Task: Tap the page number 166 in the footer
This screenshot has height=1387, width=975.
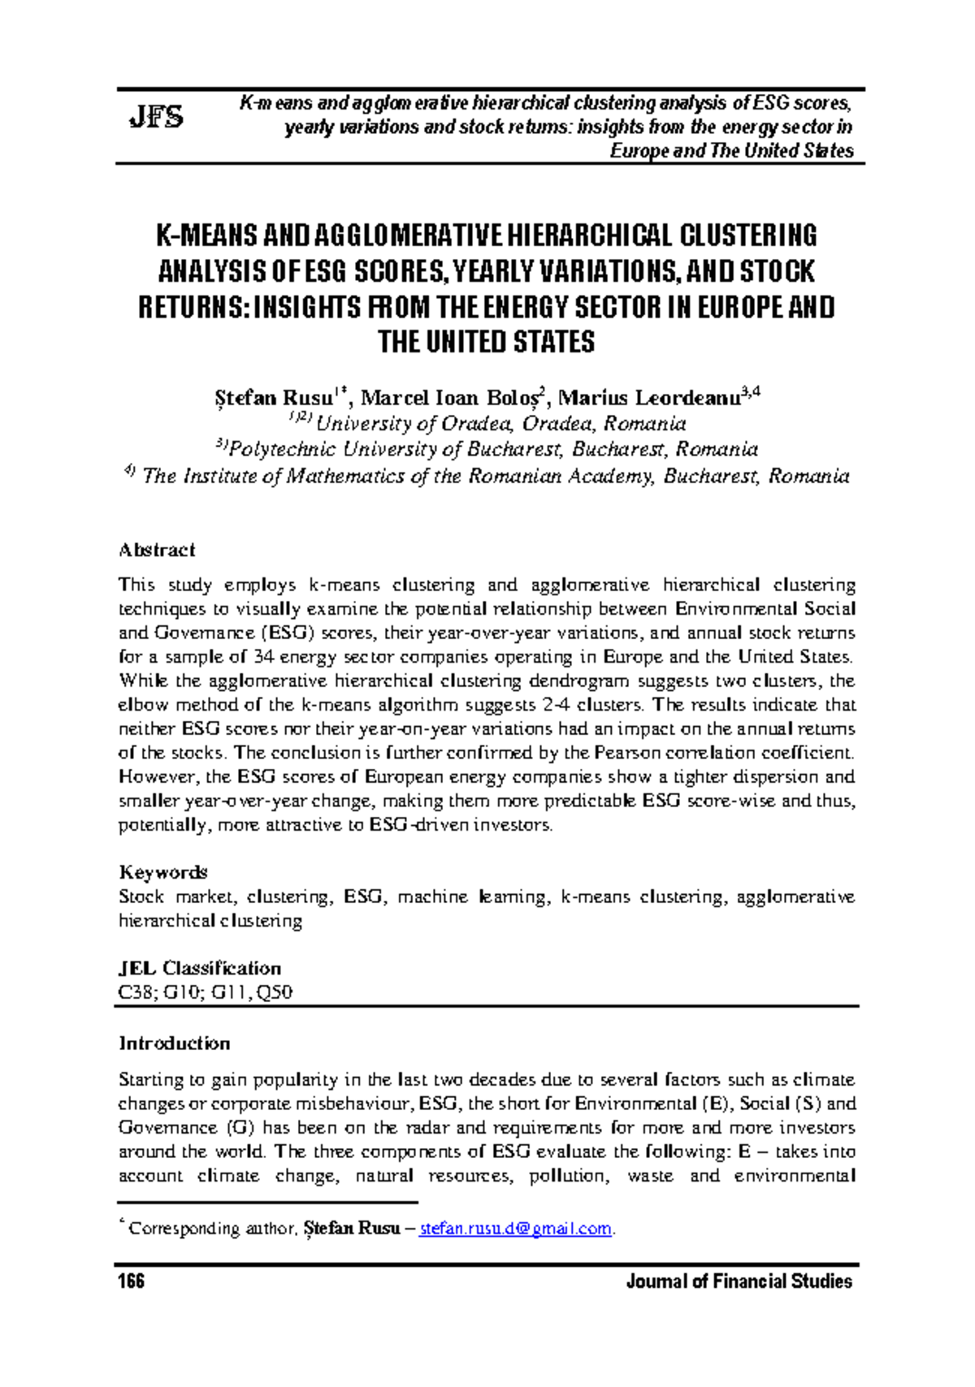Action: point(131,1281)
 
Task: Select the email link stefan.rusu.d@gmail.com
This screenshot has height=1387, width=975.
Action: point(516,1229)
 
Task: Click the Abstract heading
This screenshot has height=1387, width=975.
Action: point(157,550)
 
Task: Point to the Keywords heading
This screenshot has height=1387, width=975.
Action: point(163,872)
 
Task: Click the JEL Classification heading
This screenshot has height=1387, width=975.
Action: point(200,968)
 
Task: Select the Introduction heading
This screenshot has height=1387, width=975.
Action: point(175,1043)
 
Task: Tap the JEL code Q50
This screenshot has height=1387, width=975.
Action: point(276,992)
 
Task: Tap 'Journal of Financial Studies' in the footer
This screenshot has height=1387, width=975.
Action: point(739,1281)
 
